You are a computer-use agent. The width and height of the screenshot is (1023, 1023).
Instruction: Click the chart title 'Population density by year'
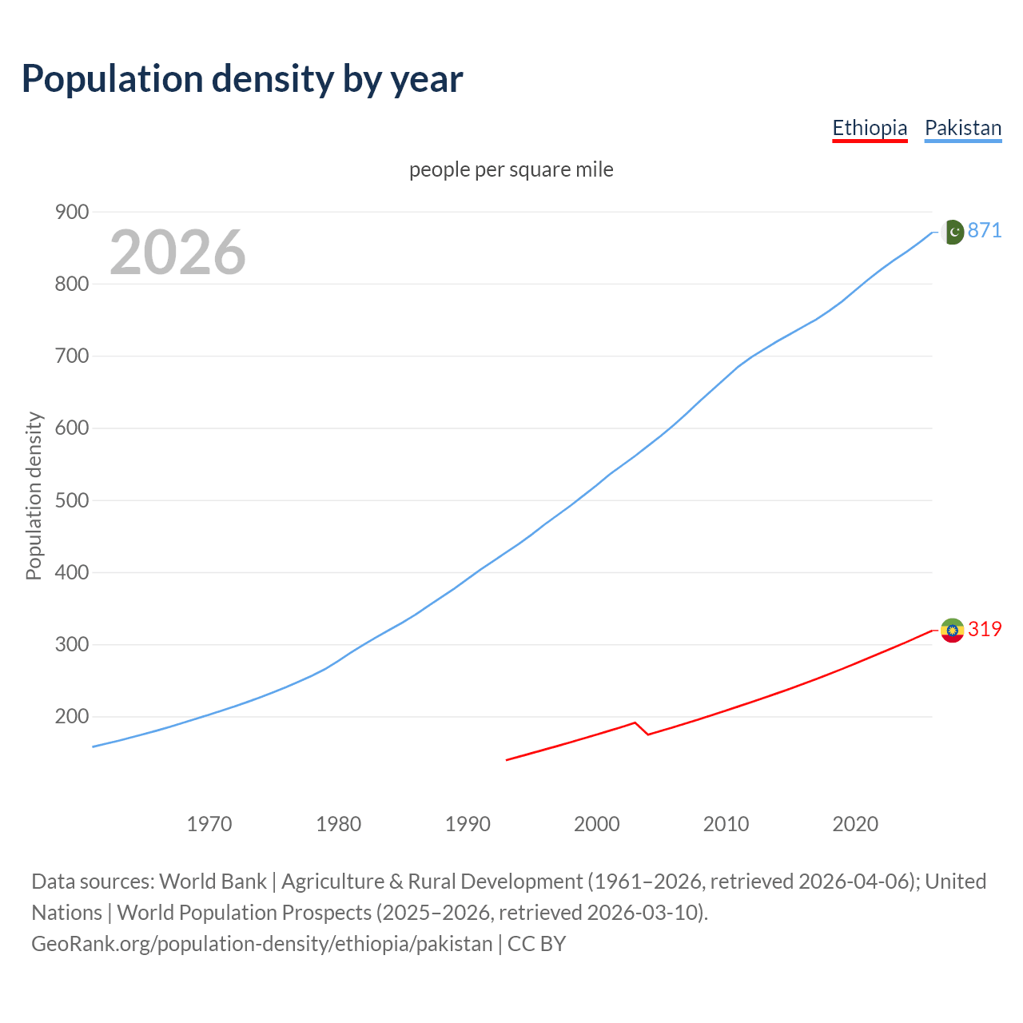tap(242, 79)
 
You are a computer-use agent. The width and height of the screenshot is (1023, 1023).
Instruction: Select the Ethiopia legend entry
tap(870, 128)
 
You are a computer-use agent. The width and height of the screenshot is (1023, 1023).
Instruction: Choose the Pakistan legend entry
tap(963, 128)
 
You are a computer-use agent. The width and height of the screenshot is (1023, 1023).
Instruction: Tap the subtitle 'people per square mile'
tap(511, 170)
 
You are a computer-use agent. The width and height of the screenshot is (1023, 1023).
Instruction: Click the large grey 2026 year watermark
tap(177, 253)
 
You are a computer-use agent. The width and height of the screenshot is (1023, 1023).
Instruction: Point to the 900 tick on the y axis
tap(71, 212)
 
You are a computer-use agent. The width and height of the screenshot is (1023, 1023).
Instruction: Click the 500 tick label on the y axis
tap(71, 500)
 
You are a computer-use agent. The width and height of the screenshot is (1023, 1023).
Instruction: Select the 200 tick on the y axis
tap(71, 717)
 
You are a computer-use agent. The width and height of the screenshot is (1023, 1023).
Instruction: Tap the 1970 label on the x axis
tap(209, 824)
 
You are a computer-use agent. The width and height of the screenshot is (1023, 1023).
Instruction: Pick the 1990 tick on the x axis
tap(468, 824)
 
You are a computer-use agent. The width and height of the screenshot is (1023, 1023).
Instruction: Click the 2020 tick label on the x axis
tap(855, 824)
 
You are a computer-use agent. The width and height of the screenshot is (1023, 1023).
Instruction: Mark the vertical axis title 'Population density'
tap(34, 496)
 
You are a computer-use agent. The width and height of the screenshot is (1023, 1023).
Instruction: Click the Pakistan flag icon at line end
tap(952, 232)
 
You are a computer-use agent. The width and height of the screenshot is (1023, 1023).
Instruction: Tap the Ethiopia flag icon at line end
tap(952, 631)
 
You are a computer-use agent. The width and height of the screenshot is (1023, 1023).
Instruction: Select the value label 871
tap(985, 231)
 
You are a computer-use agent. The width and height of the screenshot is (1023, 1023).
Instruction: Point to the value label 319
tap(985, 630)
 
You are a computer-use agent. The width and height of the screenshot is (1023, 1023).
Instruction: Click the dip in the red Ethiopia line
tap(647, 734)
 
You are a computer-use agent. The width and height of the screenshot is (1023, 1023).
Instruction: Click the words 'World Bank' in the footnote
tap(213, 882)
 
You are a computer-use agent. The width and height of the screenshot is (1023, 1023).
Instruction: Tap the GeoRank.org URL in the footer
tap(262, 944)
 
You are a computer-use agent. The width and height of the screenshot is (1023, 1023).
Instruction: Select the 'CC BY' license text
tap(537, 944)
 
